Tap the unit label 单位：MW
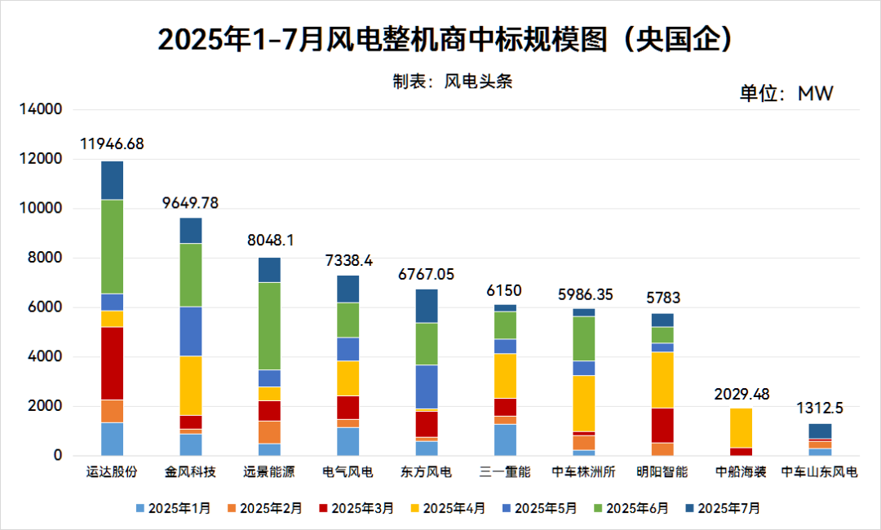[x=786, y=93]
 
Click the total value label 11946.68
[x=112, y=144]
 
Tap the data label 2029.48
[x=741, y=393]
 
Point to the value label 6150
[x=505, y=290]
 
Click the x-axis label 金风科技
[x=190, y=472]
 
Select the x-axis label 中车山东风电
[x=819, y=472]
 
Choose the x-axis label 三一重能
[x=505, y=472]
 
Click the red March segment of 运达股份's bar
[x=112, y=363]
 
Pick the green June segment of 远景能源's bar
[x=269, y=326]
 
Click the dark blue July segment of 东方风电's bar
[x=427, y=306]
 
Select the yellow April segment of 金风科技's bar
[x=190, y=386]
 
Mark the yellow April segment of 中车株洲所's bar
[x=583, y=403]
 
